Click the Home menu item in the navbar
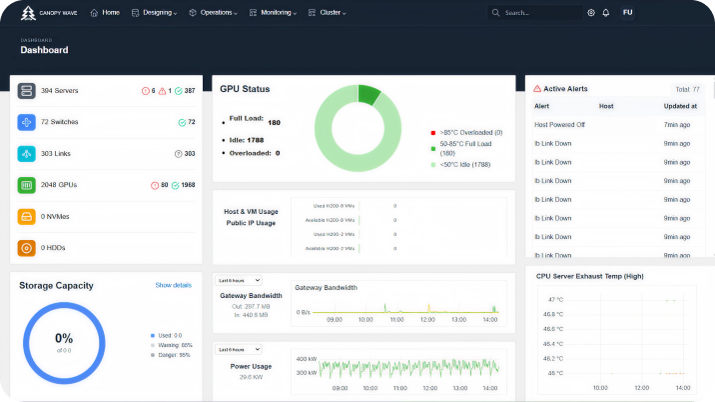point(105,13)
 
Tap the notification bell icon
point(605,13)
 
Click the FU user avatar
point(627,13)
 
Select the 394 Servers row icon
point(26,91)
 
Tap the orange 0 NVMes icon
point(26,216)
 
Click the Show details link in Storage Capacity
point(173,285)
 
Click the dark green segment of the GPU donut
point(368,95)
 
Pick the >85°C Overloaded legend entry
point(469,132)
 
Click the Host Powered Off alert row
point(560,125)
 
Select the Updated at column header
point(680,105)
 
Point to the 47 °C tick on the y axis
point(554,299)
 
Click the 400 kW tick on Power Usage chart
point(306,358)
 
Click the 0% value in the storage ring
point(64,338)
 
